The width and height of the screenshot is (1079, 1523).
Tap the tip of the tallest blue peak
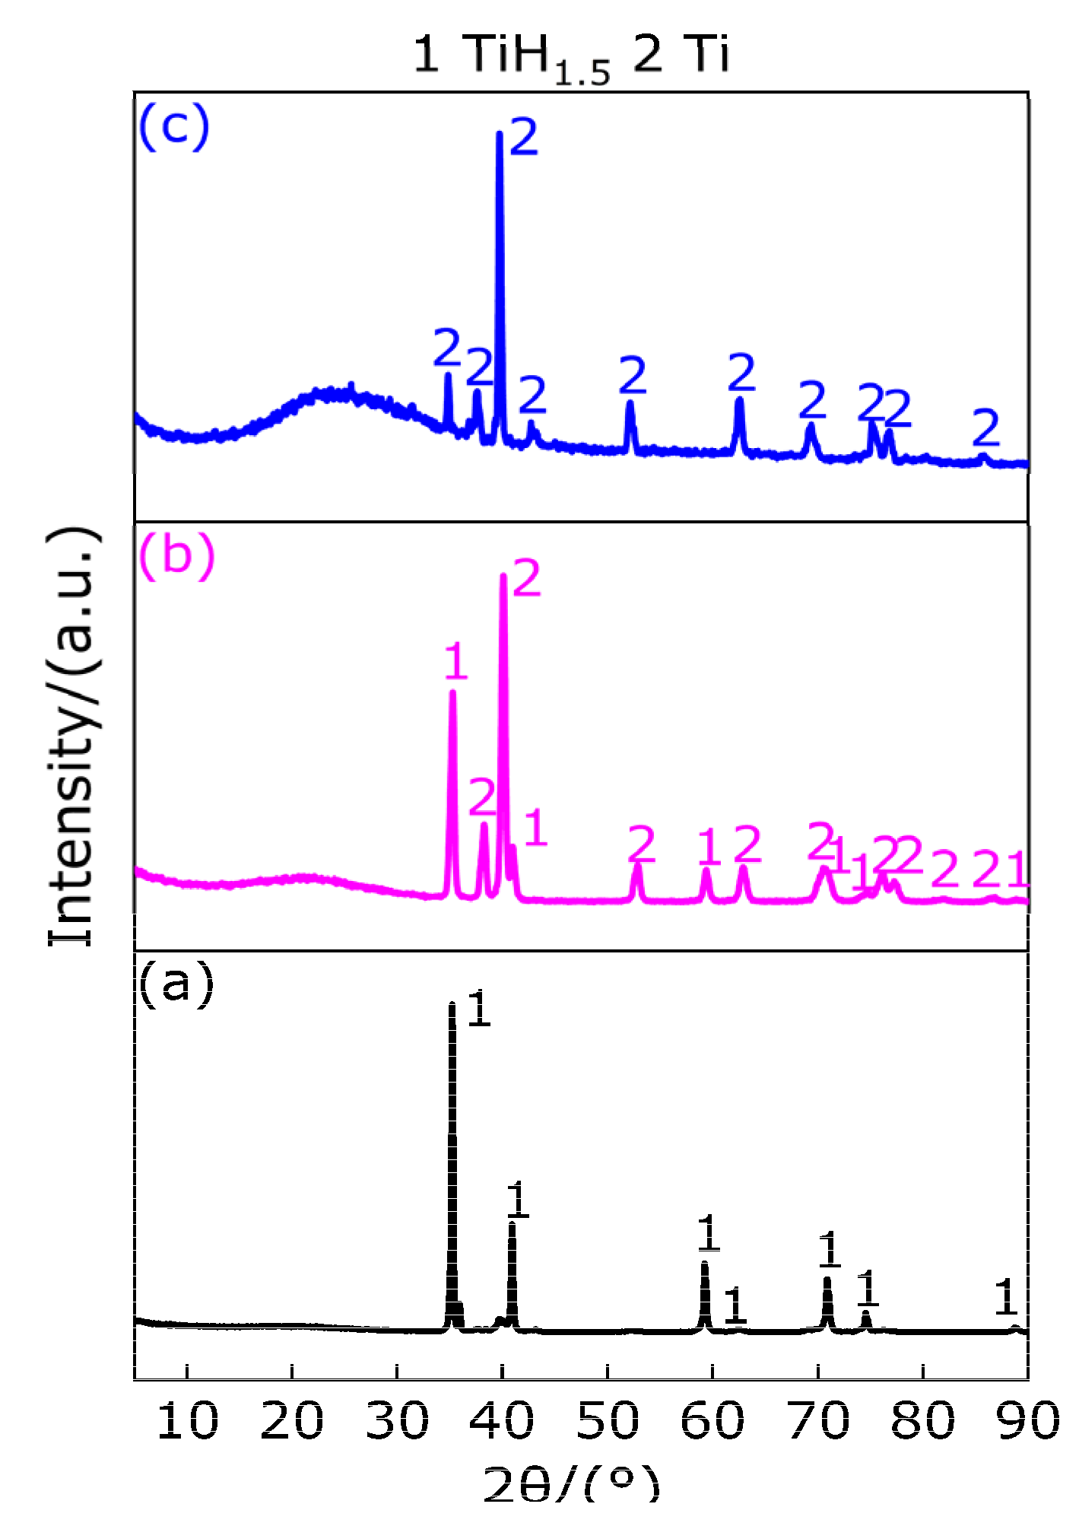500,134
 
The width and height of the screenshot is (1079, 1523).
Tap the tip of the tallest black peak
452,1005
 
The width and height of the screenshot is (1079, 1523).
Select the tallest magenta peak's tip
503,576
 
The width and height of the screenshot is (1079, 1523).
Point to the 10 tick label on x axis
187,1420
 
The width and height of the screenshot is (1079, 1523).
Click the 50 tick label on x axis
608,1420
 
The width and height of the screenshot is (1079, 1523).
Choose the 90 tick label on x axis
1027,1420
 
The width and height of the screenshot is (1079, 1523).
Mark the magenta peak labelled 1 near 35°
452,692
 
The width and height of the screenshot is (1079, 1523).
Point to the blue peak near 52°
630,403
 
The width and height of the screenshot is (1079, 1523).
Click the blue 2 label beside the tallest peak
524,138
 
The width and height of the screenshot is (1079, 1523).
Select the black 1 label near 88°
1005,1297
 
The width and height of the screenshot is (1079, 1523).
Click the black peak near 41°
513,1223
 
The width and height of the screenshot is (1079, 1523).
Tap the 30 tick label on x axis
397,1420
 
